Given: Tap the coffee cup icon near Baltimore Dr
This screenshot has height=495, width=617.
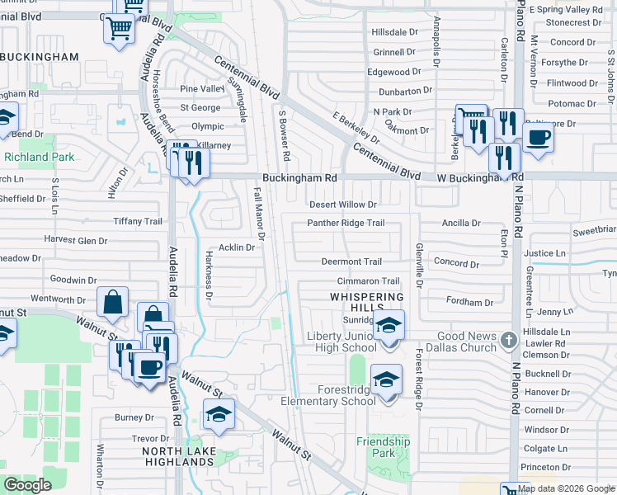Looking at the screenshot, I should point(538,137).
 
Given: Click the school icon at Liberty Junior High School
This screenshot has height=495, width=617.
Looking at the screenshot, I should point(389,326).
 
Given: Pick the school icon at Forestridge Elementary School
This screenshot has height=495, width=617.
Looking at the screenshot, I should point(385,379).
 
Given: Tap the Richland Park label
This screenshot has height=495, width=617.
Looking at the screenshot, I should point(39,157).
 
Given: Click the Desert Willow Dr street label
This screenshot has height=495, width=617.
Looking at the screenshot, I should point(342,205).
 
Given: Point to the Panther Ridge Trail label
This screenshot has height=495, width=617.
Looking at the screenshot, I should point(346,223).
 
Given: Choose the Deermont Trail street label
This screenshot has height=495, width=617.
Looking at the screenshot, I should point(351,262).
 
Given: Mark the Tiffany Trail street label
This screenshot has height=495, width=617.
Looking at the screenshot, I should point(139,221).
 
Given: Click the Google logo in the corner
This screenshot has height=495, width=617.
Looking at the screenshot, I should point(27,484).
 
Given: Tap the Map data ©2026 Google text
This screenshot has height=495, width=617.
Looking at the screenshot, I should point(566,488).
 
